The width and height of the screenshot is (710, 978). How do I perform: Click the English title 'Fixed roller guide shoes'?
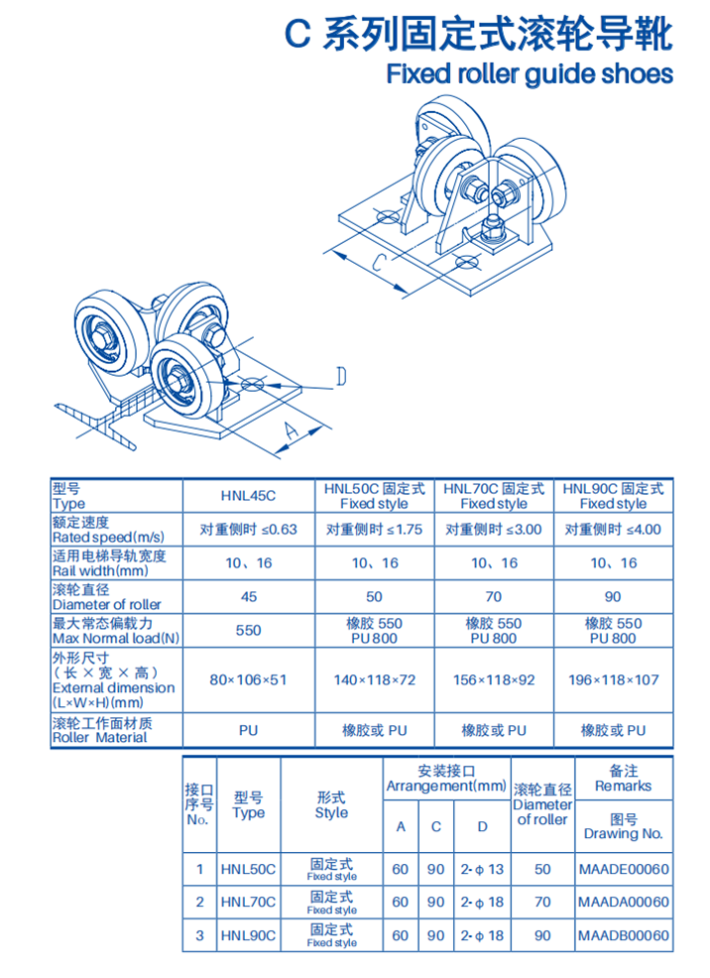click(529, 74)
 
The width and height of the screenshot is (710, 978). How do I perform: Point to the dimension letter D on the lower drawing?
click(339, 377)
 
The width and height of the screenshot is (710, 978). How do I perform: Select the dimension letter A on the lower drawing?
click(289, 429)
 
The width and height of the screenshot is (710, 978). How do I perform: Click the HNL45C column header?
click(248, 496)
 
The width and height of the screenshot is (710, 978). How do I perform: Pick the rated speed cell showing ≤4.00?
click(612, 529)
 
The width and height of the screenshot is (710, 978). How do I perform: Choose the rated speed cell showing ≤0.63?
click(248, 529)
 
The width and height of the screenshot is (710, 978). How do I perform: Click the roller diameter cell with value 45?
click(248, 597)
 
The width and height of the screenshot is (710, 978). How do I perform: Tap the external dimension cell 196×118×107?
click(612, 680)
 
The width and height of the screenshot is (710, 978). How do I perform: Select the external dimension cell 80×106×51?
click(248, 680)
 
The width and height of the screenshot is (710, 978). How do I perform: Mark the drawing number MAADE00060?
click(623, 869)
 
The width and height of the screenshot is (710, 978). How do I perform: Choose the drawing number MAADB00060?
click(623, 935)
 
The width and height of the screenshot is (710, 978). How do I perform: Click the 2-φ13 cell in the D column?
click(482, 869)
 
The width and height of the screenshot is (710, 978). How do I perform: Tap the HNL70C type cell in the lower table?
click(248, 903)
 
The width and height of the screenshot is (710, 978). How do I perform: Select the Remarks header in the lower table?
click(623, 778)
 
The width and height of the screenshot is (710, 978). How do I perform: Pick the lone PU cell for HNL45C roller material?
click(248, 731)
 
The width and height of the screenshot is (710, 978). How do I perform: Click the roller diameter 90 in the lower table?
click(542, 935)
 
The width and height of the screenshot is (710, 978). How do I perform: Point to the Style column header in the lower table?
click(331, 804)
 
